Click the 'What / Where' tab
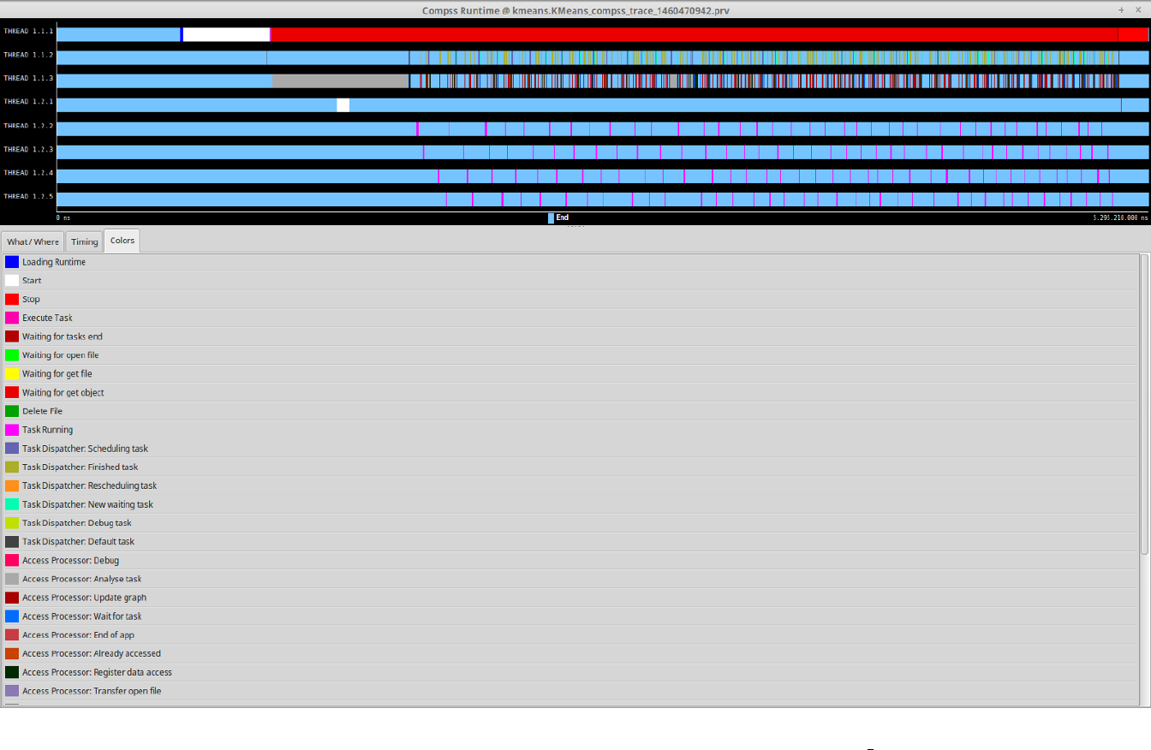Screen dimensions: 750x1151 click(x=33, y=241)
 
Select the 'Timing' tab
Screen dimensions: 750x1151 click(x=84, y=241)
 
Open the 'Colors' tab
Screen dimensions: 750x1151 click(x=122, y=241)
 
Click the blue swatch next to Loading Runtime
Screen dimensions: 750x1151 click(x=12, y=262)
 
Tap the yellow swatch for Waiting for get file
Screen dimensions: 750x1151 click(x=12, y=374)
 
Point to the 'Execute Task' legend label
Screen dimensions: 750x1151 click(x=47, y=318)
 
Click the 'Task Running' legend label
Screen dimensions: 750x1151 click(x=47, y=430)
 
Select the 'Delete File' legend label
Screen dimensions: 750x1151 click(x=42, y=411)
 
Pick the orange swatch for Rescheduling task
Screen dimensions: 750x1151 click(x=12, y=485)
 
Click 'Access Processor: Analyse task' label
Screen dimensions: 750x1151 click(x=81, y=579)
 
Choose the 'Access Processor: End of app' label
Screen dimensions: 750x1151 click(x=78, y=634)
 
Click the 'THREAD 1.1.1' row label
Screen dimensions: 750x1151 click(x=28, y=31)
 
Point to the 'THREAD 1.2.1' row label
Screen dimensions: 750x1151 click(x=28, y=102)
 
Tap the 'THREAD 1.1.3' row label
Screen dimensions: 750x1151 click(x=28, y=78)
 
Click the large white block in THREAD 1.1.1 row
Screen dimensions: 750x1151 click(x=226, y=34)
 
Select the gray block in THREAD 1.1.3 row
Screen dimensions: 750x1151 click(x=340, y=80)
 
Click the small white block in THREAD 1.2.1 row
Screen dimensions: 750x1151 click(x=343, y=105)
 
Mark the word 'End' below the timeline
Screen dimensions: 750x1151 click(x=562, y=217)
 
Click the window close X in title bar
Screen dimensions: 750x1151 click(x=1137, y=9)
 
